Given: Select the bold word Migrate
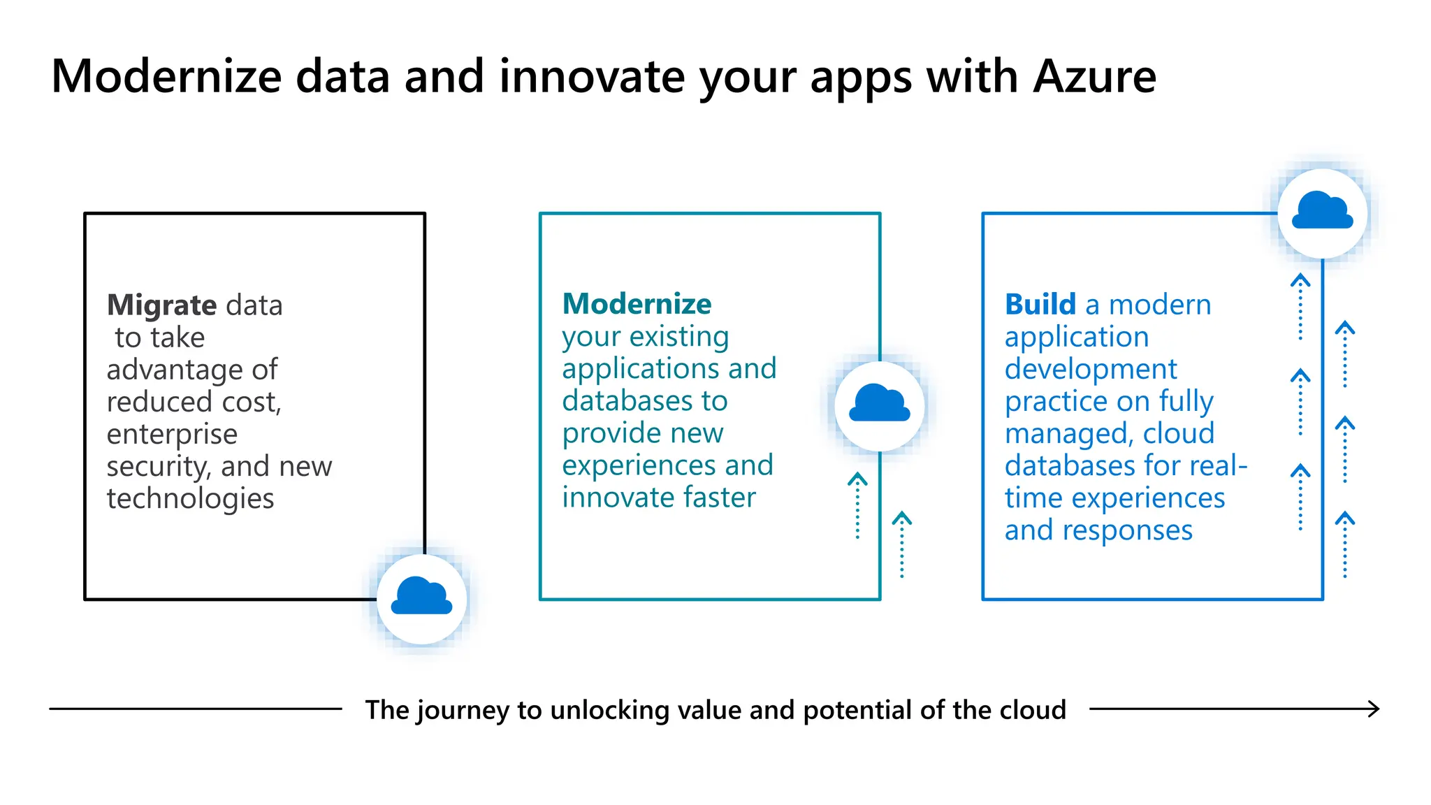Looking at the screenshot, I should (x=161, y=305).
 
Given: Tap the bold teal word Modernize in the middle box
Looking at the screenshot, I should (x=637, y=304).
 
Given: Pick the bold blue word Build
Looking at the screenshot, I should (x=1040, y=305).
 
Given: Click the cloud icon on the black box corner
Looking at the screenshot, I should (x=421, y=597).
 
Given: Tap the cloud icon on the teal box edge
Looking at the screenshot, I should (x=879, y=405).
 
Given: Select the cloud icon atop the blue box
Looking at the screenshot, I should (x=1322, y=212).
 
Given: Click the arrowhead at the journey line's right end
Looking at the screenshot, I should (x=1374, y=709).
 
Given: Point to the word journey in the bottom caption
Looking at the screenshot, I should (x=463, y=711).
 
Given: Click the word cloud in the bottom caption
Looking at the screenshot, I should (x=1033, y=710).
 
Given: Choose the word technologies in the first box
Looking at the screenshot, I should (x=190, y=499).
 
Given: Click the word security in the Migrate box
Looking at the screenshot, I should (x=157, y=467).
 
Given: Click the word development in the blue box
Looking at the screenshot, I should (x=1090, y=370).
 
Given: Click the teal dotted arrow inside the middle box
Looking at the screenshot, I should (x=857, y=505).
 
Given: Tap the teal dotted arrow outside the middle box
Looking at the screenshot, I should (x=901, y=544).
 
